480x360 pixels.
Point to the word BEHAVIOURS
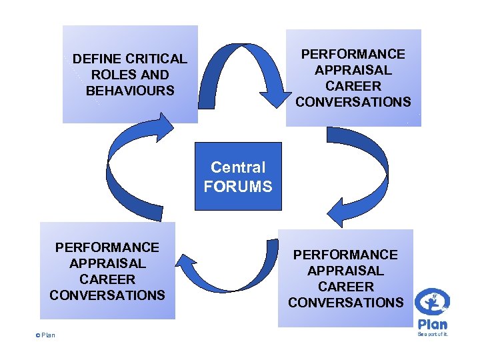[130, 91]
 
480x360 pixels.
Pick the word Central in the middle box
[238, 168]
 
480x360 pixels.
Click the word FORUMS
[238, 187]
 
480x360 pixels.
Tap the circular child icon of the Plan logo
[432, 304]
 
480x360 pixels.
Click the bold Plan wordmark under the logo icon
[433, 324]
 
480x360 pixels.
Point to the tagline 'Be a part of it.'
[433, 334]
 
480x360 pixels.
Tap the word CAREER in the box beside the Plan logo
[346, 287]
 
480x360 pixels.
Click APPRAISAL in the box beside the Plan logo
[346, 271]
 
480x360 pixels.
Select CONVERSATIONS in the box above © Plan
[107, 295]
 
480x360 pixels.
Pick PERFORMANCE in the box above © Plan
[107, 247]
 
